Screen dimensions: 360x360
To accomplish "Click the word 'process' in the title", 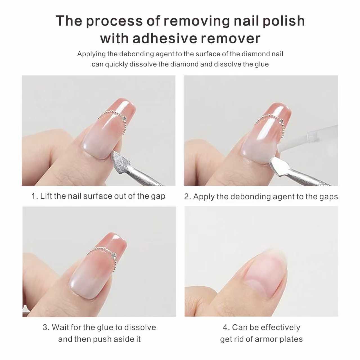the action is (114, 21).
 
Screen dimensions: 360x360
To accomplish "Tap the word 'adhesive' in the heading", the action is (165, 39).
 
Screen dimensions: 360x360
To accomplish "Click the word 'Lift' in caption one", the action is (45, 196).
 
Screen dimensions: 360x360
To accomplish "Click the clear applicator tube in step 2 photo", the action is (308, 138).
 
